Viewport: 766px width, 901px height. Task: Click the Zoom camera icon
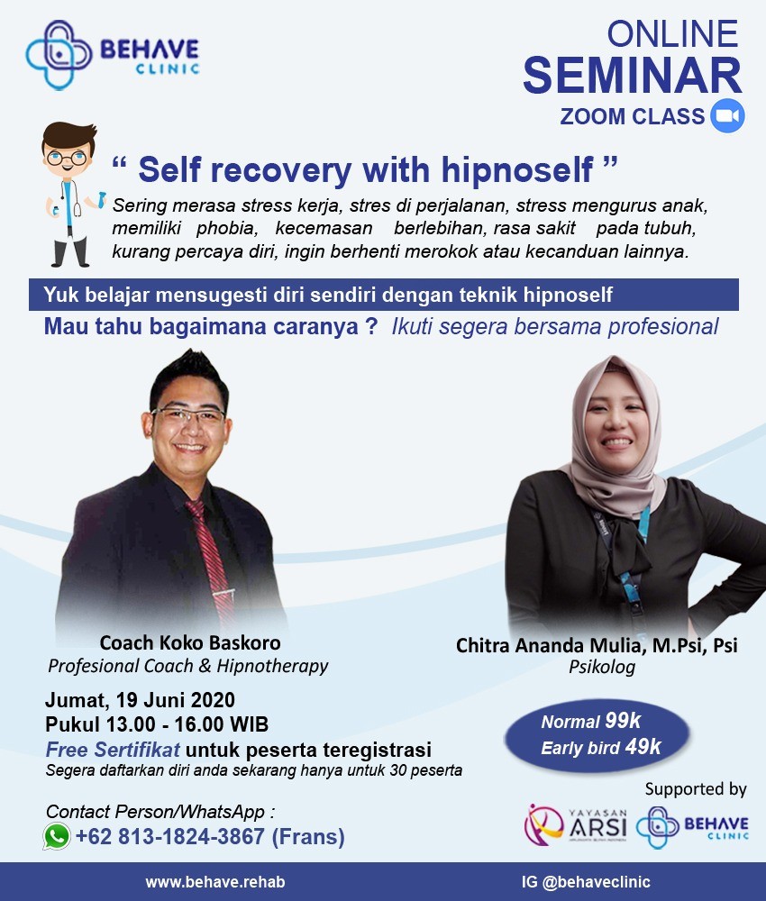click(727, 115)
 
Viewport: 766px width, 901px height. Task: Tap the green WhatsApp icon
click(57, 836)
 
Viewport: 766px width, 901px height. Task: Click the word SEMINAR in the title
click(632, 76)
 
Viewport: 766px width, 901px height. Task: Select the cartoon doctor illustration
click(69, 195)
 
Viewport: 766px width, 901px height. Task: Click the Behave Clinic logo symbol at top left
click(59, 55)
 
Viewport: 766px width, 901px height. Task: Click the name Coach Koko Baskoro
click(190, 642)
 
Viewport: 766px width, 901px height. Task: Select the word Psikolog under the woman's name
click(602, 667)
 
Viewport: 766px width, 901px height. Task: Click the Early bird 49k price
click(601, 747)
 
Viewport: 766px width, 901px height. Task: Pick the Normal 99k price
click(591, 721)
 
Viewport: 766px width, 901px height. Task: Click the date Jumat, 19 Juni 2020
click(141, 700)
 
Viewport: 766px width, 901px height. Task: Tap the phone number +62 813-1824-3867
click(170, 837)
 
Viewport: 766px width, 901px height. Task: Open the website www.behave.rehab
click(214, 882)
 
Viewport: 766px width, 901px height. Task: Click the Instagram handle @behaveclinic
click(596, 882)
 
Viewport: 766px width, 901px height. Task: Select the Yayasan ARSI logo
click(575, 825)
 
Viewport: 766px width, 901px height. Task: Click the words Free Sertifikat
click(113, 750)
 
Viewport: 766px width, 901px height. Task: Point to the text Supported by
click(696, 789)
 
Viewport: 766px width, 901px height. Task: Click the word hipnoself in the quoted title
click(517, 170)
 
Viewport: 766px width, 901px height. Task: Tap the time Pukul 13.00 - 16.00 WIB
click(157, 724)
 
